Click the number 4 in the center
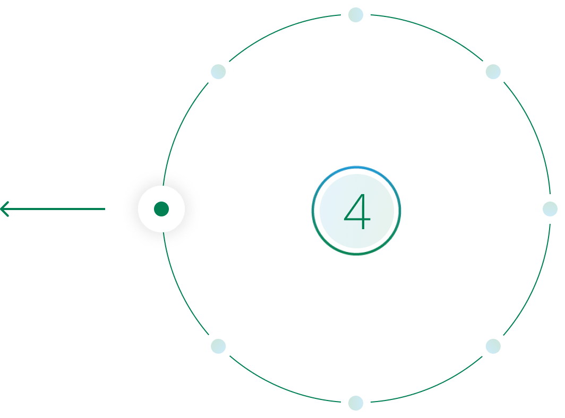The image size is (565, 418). [357, 211]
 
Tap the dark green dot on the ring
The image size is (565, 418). [161, 209]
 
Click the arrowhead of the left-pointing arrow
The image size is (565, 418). [4, 209]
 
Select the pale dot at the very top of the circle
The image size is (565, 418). [356, 15]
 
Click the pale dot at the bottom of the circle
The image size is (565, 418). [356, 403]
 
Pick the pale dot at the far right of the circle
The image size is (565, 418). [550, 209]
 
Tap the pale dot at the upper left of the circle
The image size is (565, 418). [218, 72]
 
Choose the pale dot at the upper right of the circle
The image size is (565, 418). [493, 72]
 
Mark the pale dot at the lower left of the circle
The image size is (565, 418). [218, 346]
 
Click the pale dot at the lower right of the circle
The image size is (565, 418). [493, 346]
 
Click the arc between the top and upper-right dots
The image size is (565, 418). [430, 30]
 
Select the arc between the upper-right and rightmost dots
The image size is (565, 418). [535, 135]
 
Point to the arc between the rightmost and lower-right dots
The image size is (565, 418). [535, 283]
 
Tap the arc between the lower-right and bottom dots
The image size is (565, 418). [430, 388]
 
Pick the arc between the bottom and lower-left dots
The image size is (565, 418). [281, 388]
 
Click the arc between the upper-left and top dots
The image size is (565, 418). [281, 30]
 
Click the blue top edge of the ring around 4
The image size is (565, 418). [356, 168]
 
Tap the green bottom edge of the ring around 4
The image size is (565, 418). [356, 254]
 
